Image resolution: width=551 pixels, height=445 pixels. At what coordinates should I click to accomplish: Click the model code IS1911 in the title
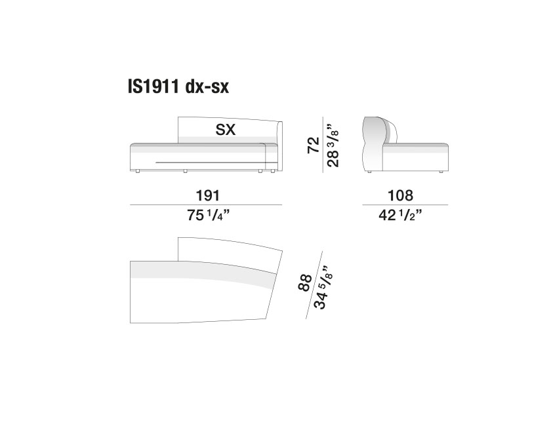(x=153, y=87)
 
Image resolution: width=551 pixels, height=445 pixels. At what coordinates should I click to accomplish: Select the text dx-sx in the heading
(x=207, y=87)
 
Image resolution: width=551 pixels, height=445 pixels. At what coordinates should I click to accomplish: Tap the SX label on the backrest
(x=225, y=130)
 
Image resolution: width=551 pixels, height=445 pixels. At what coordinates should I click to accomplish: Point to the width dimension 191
(x=208, y=195)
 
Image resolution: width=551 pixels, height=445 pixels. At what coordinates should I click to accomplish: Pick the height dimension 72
(x=314, y=145)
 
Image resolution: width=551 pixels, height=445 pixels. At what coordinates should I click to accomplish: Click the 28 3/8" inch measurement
(x=333, y=145)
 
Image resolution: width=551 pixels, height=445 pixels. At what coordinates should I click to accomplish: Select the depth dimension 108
(x=400, y=195)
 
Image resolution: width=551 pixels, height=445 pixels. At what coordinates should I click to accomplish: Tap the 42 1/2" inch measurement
(x=400, y=215)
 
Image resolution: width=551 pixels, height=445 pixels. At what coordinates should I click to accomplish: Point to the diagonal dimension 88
(x=304, y=282)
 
